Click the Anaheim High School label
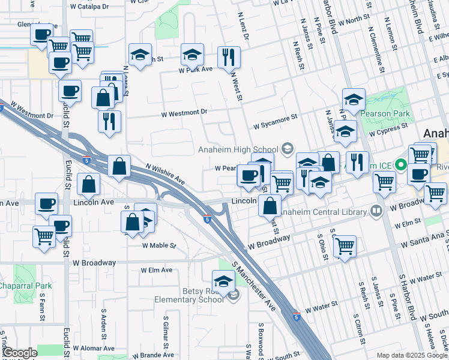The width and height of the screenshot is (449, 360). [238, 149]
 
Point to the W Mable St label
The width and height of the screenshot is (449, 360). [159, 245]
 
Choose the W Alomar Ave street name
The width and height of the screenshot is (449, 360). [93, 348]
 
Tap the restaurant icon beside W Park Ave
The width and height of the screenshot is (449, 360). [229, 57]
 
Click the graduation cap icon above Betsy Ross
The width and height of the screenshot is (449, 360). [223, 281]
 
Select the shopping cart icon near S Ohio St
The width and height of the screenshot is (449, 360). [345, 245]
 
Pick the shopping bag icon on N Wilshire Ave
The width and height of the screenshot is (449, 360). [119, 166]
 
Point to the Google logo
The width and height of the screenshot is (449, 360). [19, 353]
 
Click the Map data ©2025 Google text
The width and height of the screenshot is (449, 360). [412, 355]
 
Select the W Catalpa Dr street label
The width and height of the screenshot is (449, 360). [89, 7]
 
